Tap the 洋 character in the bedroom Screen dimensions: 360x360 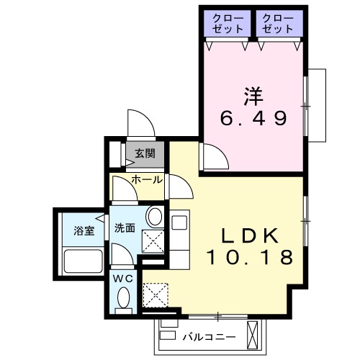click(251, 94)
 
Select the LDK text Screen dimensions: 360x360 click(248, 235)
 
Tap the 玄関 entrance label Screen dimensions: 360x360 click(145, 153)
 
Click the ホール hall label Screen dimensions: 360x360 click(147, 179)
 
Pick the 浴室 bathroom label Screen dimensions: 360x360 click(84, 231)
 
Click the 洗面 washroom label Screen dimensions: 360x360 click(125, 228)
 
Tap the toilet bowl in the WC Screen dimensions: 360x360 click(122, 298)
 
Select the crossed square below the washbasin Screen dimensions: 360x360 click(153, 242)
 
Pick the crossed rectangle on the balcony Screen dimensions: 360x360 click(253, 333)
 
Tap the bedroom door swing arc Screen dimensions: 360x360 click(211, 154)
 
